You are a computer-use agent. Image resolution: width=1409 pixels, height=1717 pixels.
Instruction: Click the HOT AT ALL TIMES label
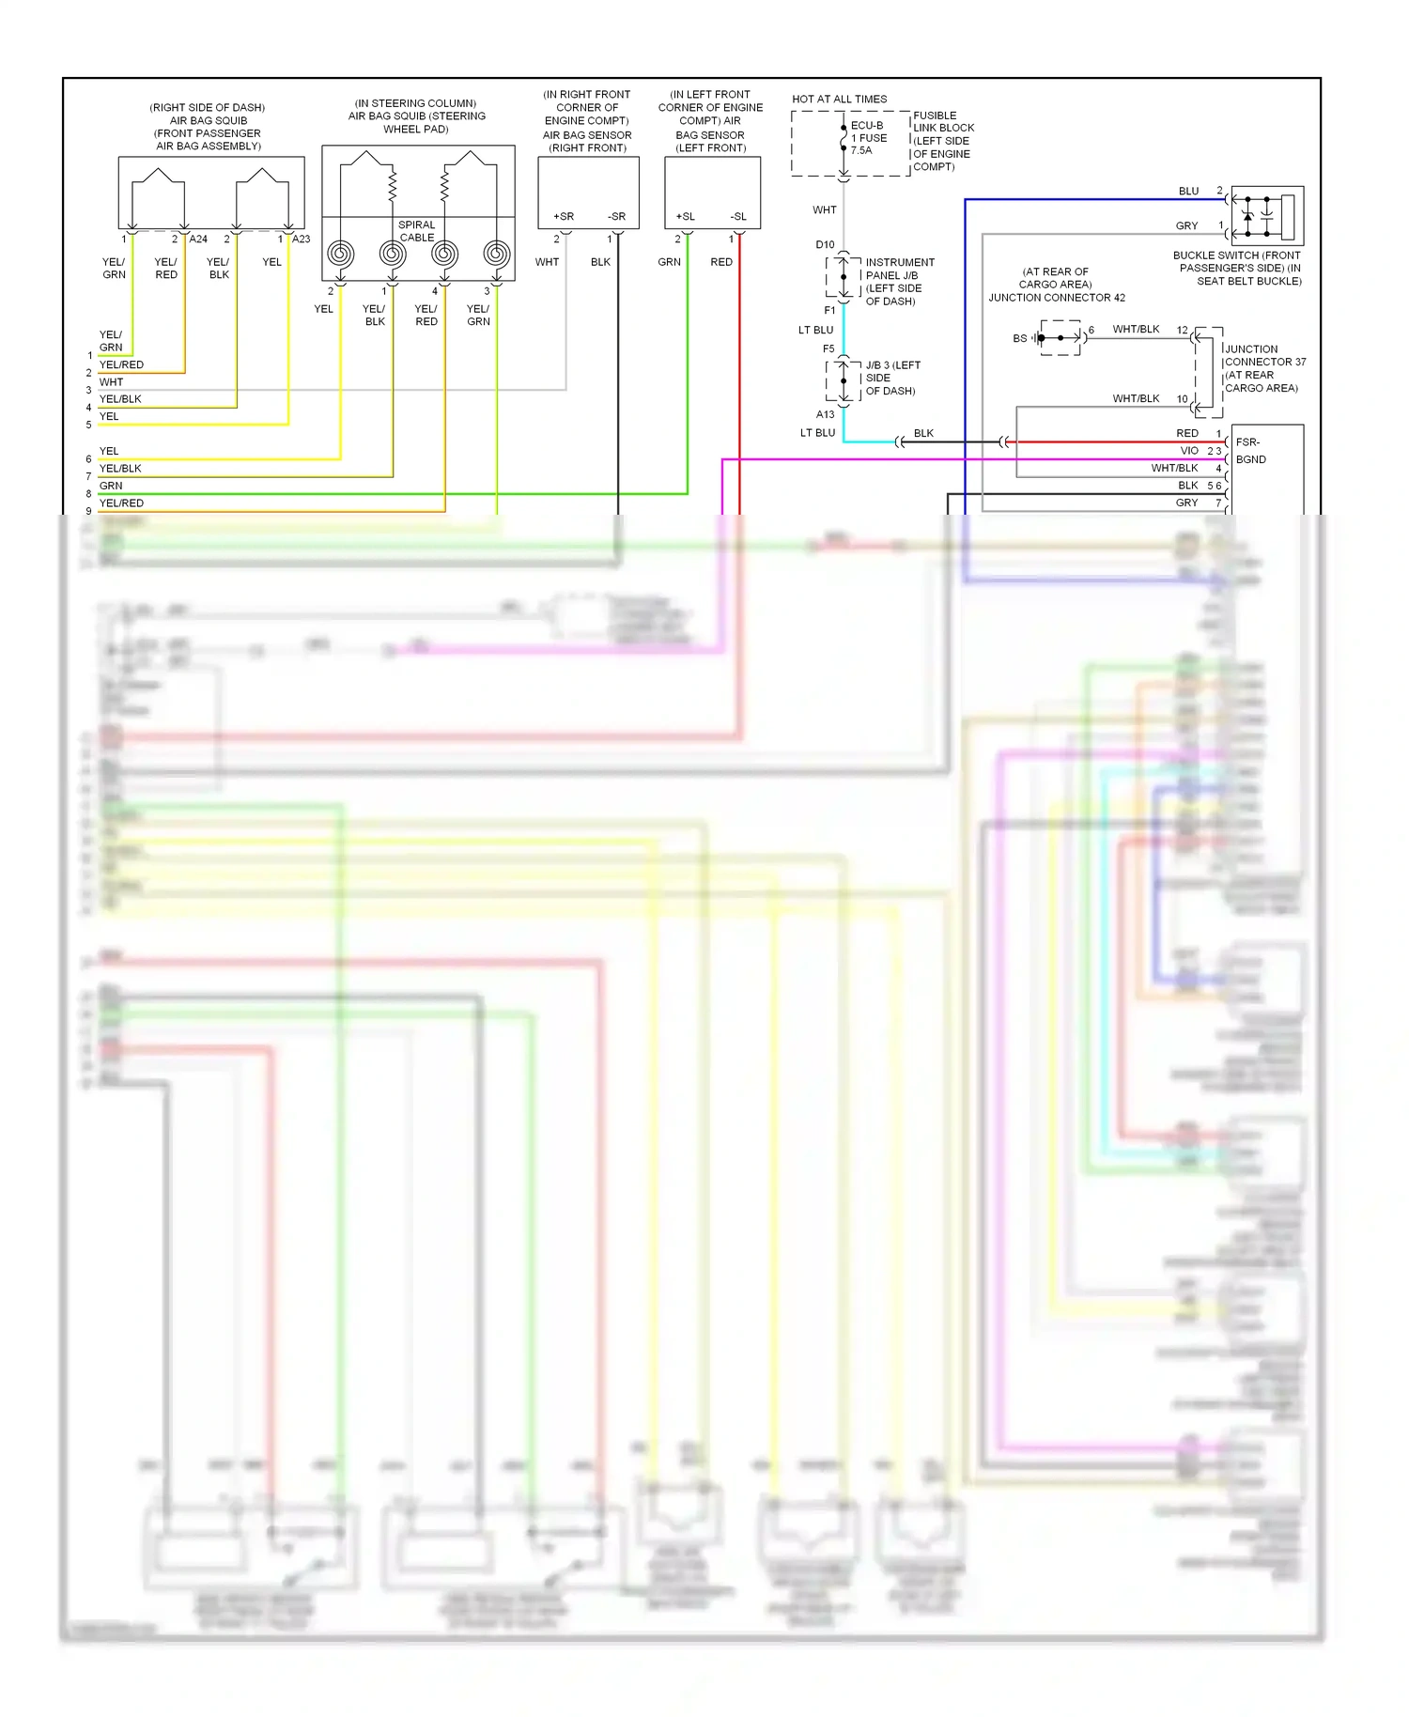839,99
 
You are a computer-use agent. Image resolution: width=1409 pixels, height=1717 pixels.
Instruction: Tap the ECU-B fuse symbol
844,139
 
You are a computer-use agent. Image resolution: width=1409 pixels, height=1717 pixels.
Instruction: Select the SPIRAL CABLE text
417,231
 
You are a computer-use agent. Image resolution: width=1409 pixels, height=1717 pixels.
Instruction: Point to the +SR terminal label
564,217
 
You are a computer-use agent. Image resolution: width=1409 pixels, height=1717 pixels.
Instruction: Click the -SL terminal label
738,217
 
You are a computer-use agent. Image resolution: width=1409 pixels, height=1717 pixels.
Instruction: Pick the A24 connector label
198,240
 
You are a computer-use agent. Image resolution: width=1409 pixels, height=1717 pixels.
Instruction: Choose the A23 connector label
301,240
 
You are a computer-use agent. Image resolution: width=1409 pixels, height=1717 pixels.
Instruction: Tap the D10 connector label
825,245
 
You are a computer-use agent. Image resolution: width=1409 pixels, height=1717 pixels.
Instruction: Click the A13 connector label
825,414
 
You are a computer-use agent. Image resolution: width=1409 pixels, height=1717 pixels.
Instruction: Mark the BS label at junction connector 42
1019,338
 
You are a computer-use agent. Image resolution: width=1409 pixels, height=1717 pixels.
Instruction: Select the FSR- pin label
1247,442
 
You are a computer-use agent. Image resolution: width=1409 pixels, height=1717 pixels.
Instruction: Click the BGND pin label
1250,460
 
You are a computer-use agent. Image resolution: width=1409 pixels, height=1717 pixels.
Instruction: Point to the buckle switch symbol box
1266,216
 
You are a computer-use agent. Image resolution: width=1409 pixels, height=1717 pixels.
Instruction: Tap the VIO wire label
1189,451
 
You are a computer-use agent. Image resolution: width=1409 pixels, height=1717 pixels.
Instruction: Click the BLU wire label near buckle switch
1188,192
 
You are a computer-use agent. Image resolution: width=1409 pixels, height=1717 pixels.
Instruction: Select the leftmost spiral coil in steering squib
340,254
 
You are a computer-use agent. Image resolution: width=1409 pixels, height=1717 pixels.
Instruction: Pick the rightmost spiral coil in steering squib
497,254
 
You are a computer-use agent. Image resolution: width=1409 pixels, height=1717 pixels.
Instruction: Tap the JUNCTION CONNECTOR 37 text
1264,356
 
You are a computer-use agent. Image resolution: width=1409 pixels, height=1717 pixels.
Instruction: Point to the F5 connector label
828,349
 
